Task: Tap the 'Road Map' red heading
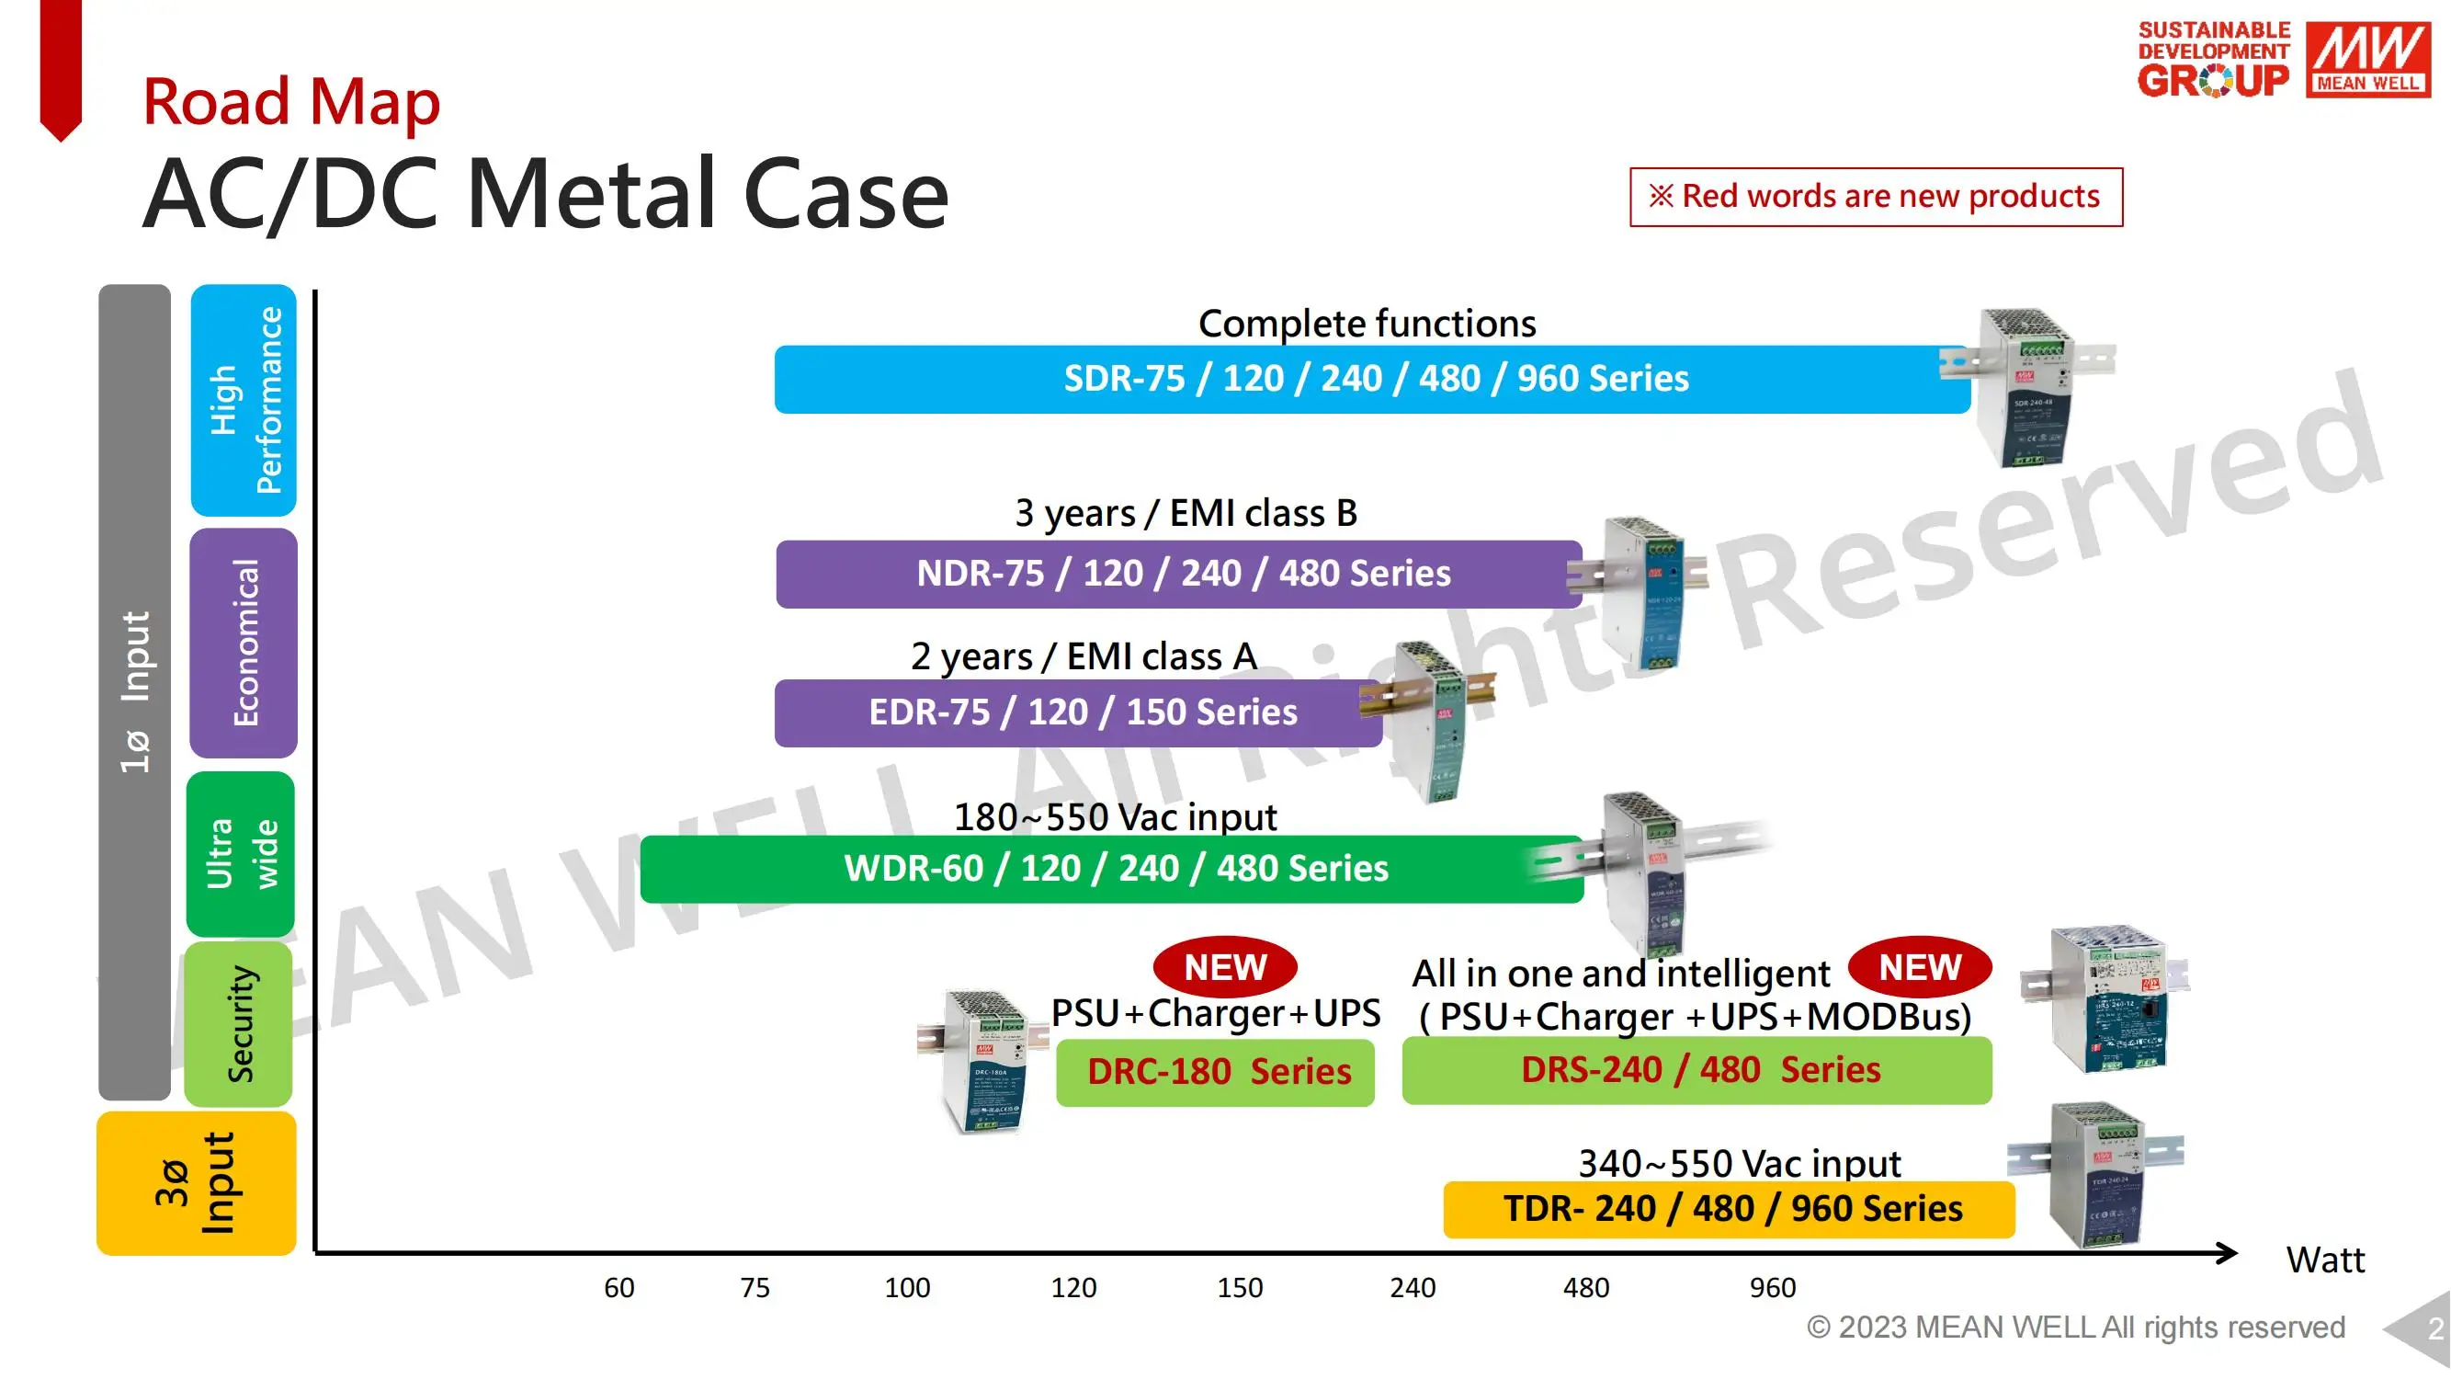pos(291,100)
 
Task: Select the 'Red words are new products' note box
pos(1876,197)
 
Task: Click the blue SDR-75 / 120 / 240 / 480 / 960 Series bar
pos(1372,379)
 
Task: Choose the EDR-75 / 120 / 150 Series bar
pos(1079,712)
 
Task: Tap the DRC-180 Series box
pos(1215,1073)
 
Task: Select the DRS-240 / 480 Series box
pos(1696,1071)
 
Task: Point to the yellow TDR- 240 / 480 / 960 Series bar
pos(1729,1209)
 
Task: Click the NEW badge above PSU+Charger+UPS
pos(1224,967)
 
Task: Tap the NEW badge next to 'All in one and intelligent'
pos(1919,967)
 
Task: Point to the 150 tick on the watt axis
pos(1240,1288)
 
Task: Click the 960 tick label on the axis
pos(1772,1288)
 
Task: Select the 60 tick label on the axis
pos(618,1288)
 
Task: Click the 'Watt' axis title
pos(2324,1260)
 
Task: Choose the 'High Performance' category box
pos(244,400)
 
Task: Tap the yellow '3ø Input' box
pos(196,1183)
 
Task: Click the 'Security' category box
pos(239,1024)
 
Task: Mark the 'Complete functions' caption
pos(1367,324)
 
